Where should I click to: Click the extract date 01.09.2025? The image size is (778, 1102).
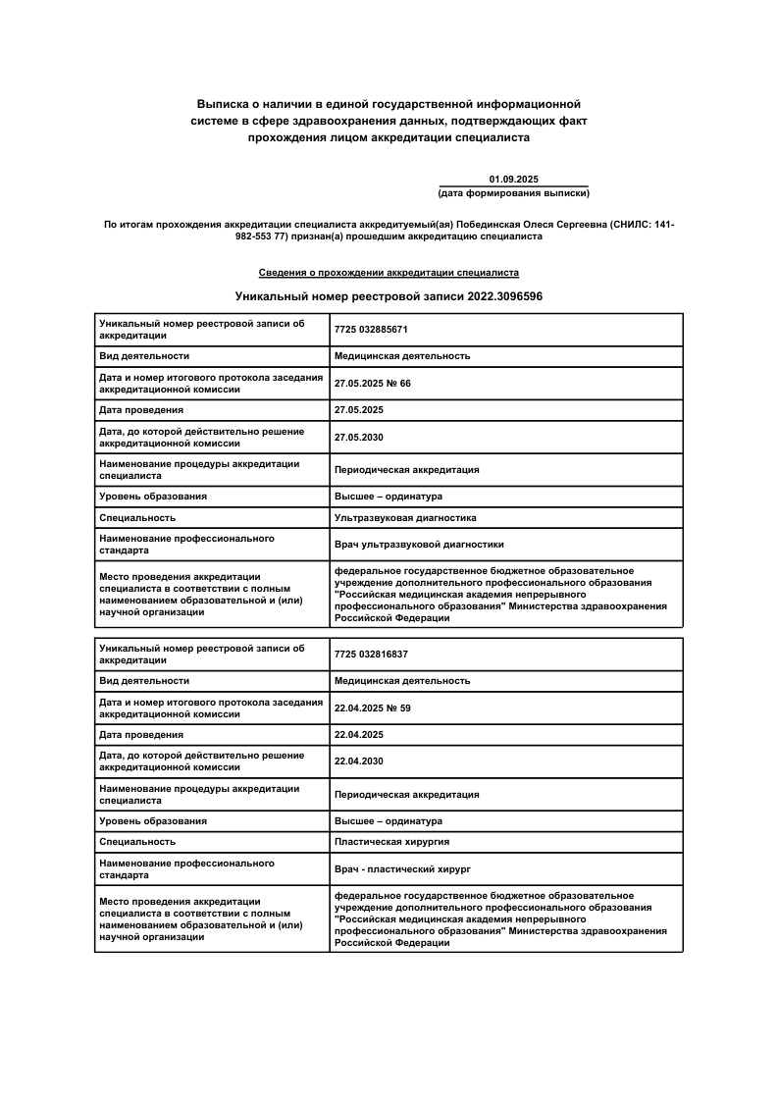[x=513, y=179]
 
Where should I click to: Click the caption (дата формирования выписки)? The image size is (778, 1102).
[x=513, y=193]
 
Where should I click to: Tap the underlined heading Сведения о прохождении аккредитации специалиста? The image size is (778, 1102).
[x=389, y=272]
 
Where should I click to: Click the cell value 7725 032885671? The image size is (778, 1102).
[x=371, y=330]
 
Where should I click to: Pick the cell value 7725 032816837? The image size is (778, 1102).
[x=371, y=654]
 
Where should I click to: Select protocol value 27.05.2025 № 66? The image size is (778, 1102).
[x=372, y=383]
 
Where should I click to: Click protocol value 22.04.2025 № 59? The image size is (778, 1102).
[x=372, y=708]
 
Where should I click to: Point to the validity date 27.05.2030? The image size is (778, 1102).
[x=358, y=437]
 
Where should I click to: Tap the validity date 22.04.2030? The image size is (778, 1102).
[x=358, y=761]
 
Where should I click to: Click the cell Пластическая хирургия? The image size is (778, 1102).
[x=392, y=841]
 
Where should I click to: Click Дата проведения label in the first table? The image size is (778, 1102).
[x=141, y=409]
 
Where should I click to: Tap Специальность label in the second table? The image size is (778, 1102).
[x=137, y=841]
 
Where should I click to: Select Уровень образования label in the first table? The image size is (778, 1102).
[x=152, y=496]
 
